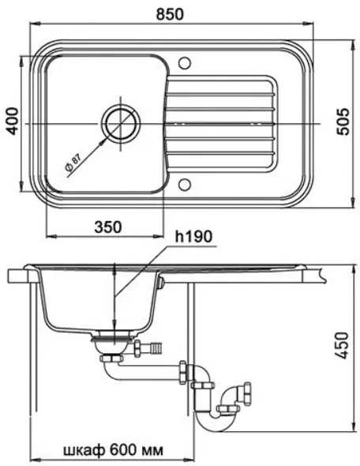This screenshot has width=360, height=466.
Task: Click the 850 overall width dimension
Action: [171, 14]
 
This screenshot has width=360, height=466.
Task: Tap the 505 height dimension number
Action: [344, 122]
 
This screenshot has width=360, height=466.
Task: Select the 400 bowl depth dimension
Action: [13, 122]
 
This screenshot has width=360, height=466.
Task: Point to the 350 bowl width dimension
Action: [108, 227]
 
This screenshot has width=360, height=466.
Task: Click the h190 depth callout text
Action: [193, 237]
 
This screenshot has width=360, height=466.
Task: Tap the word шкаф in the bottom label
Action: [84, 450]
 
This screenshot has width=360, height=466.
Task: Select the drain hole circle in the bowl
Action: [120, 124]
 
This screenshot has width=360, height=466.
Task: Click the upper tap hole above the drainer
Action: [185, 63]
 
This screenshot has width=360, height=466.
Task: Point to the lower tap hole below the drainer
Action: [185, 185]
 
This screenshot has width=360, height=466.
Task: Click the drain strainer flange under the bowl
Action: [114, 338]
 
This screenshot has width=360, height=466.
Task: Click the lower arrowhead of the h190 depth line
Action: [114, 324]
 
